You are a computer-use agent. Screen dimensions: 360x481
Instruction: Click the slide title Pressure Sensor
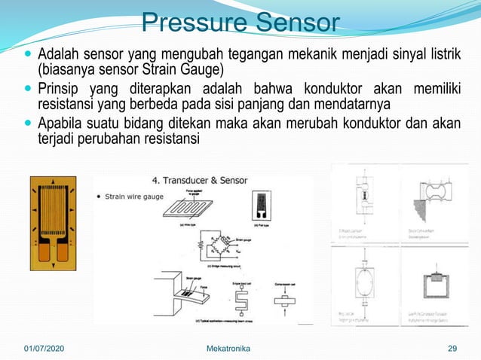pyautogui.click(x=240, y=22)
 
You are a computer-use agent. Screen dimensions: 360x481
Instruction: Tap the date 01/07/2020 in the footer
pyautogui.click(x=44, y=348)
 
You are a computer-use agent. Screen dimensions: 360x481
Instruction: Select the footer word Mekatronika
pyautogui.click(x=229, y=348)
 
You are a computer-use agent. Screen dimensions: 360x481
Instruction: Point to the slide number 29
pyautogui.click(x=452, y=348)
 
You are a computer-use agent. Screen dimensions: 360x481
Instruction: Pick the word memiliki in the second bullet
pyautogui.click(x=438, y=88)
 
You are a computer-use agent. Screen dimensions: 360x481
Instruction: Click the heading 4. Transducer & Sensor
pyautogui.click(x=200, y=181)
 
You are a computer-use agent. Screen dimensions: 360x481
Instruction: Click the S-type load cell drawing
pyautogui.click(x=243, y=301)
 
